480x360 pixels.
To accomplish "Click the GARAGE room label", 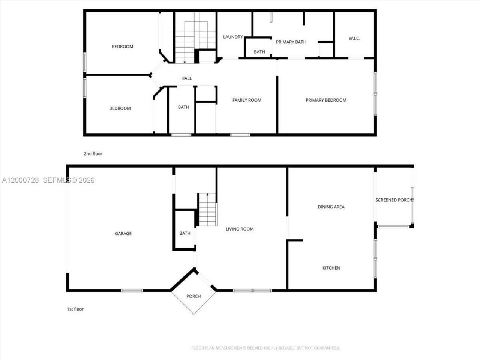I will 123,234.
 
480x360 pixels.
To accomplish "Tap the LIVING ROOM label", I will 240,229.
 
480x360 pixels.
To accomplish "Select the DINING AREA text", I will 331,207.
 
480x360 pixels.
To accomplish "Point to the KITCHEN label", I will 331,268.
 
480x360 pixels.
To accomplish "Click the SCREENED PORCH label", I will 394,200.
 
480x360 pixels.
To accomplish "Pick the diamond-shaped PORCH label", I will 193,296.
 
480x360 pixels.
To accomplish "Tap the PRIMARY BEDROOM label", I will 326,100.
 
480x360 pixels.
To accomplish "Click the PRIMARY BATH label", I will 291,42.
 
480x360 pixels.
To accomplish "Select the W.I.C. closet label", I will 354,38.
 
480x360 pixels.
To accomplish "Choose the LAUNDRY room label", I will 233,37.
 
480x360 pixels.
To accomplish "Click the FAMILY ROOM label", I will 247,100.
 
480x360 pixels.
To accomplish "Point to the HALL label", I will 186,78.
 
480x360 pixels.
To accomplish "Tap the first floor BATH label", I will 184,233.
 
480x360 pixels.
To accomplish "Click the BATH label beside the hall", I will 183,107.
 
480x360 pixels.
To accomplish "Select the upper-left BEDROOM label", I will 122,46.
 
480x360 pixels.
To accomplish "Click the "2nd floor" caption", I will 93,154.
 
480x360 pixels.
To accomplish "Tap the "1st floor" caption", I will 75,309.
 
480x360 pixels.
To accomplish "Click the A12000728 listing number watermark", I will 20,180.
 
